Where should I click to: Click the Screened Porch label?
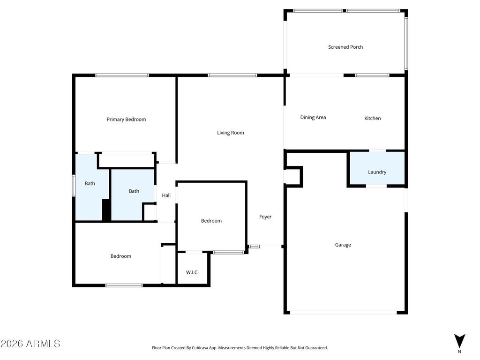click(x=345, y=47)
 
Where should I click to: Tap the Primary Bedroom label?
click(x=126, y=120)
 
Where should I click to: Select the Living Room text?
click(x=230, y=133)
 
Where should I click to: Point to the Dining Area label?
click(x=313, y=118)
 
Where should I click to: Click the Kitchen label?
click(x=373, y=118)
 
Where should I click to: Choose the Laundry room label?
click(x=377, y=172)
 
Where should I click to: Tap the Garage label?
click(x=343, y=245)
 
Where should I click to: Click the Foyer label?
click(x=265, y=217)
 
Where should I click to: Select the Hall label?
click(x=166, y=195)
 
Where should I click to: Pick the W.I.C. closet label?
click(x=193, y=272)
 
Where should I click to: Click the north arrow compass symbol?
click(x=459, y=340)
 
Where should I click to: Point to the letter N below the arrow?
click(x=459, y=351)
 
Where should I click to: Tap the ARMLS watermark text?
click(x=30, y=344)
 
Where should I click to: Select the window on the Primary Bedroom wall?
click(x=122, y=75)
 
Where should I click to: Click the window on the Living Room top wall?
click(x=232, y=75)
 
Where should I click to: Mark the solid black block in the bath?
click(x=106, y=210)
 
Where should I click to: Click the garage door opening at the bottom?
click(x=343, y=312)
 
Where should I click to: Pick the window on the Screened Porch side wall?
click(x=406, y=43)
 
